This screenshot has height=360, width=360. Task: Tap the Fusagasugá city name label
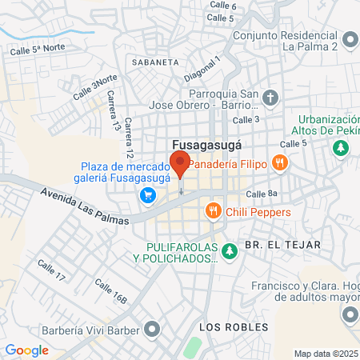click(207, 145)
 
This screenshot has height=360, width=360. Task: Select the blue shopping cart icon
click(147, 194)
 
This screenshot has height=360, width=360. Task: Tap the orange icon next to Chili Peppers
click(212, 211)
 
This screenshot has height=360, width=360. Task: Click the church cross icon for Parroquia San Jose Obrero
click(271, 98)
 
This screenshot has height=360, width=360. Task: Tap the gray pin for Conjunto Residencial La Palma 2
click(350, 39)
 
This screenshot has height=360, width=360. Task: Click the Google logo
click(26, 350)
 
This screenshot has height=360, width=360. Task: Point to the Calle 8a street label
click(261, 194)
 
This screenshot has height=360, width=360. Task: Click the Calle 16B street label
click(110, 292)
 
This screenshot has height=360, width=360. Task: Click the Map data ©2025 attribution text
click(326, 354)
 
